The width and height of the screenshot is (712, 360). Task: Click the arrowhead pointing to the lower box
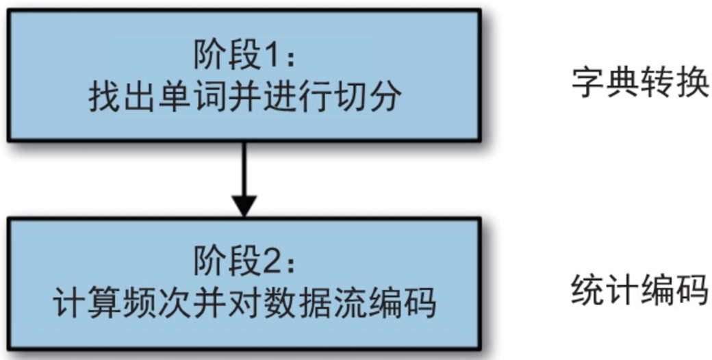[x=244, y=205]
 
